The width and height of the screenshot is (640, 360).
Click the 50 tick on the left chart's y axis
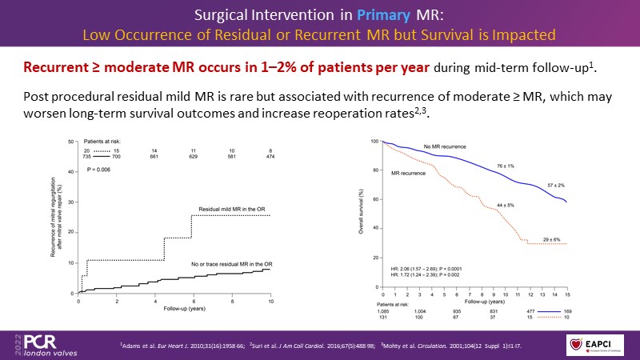71,141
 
